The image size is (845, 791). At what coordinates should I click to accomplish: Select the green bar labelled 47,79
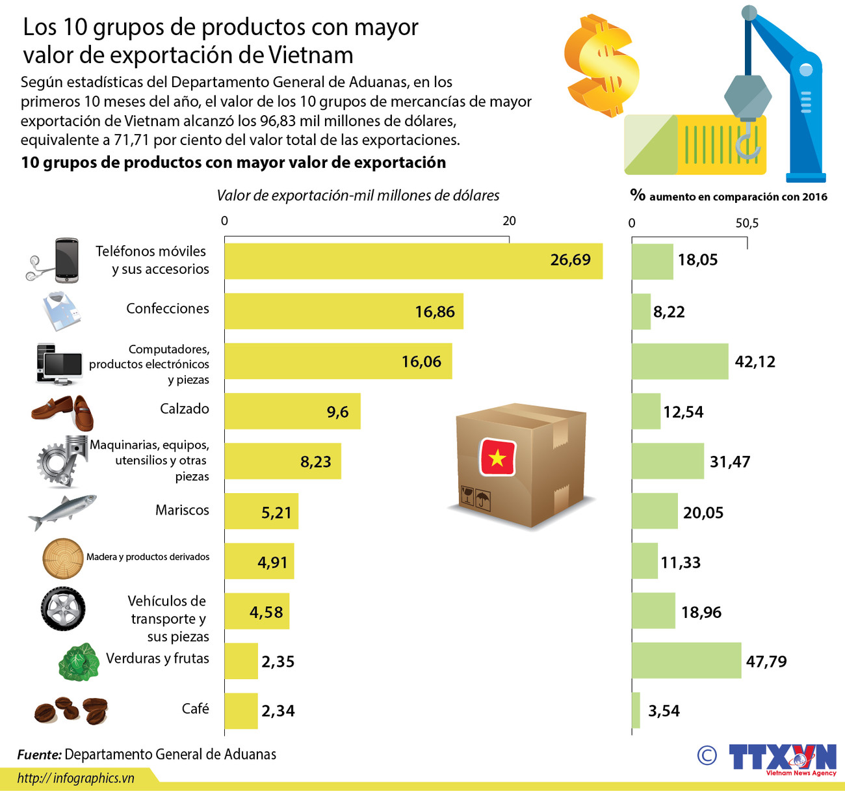click(x=686, y=660)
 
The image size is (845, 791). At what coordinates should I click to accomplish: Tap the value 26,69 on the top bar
click(x=570, y=260)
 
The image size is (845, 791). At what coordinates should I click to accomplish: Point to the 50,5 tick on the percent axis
click(x=747, y=224)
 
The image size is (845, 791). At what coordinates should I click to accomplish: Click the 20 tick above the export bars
click(x=509, y=221)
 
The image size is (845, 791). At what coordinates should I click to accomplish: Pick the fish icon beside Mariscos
click(x=62, y=512)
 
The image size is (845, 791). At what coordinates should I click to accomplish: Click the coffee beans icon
click(x=71, y=710)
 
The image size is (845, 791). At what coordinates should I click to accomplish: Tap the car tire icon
click(x=63, y=609)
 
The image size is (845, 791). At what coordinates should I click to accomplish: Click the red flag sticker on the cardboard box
click(x=497, y=457)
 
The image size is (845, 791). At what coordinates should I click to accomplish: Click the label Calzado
click(x=185, y=409)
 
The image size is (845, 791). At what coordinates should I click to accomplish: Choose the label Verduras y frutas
click(x=157, y=658)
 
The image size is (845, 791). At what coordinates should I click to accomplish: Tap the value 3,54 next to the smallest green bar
click(x=664, y=711)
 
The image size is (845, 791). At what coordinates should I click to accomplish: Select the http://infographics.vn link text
click(x=75, y=778)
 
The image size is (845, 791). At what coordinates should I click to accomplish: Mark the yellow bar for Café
click(x=241, y=711)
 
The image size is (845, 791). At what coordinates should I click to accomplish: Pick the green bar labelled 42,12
click(x=680, y=361)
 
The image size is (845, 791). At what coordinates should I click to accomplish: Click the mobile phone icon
click(x=66, y=260)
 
